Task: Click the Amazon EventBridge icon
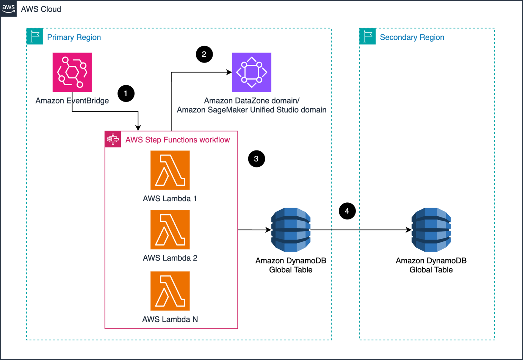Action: (x=72, y=72)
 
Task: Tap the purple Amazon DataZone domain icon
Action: (x=252, y=72)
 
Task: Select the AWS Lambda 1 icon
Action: (x=170, y=170)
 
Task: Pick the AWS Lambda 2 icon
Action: (x=170, y=230)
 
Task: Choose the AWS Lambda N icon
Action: (x=170, y=291)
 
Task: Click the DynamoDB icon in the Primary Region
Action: (x=291, y=230)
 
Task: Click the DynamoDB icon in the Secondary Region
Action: (x=431, y=230)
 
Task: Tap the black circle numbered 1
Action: (x=126, y=93)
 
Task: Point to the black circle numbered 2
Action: (x=204, y=55)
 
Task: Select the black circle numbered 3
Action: (x=256, y=159)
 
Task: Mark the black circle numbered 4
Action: (x=347, y=211)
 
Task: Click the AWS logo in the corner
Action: (x=8, y=8)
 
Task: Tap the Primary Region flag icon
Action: (x=35, y=36)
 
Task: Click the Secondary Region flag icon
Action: (x=368, y=36)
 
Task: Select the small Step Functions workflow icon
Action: (x=113, y=139)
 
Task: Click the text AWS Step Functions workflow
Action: (x=178, y=139)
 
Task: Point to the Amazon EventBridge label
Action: (x=72, y=101)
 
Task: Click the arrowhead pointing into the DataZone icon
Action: (x=229, y=72)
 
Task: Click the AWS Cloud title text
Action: (x=41, y=9)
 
